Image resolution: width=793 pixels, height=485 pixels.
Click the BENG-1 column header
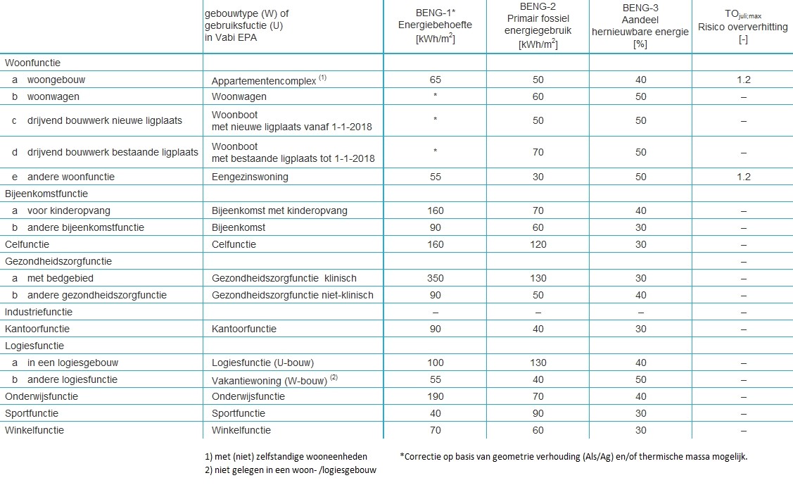[x=435, y=25]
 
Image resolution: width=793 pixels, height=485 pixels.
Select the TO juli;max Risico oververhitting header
[x=742, y=26]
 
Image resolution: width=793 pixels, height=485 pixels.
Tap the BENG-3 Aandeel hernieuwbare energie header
[x=640, y=26]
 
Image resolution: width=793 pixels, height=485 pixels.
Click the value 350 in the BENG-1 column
[x=435, y=278]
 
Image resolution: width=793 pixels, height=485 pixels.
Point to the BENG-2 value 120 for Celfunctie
[x=538, y=244]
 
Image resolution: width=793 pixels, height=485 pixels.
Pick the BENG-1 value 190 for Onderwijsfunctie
[x=435, y=396]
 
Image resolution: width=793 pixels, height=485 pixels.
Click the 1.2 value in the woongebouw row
[x=744, y=80]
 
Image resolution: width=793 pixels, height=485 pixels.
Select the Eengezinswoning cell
[x=250, y=177]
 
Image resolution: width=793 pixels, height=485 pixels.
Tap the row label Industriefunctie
[x=39, y=312]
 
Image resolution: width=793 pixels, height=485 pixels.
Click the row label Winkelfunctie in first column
[x=34, y=430]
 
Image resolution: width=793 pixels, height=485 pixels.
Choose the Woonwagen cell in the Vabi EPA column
[x=239, y=96]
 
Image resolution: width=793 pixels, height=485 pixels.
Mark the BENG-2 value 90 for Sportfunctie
[x=538, y=413]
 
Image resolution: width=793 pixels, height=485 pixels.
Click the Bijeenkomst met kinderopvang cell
[x=279, y=211]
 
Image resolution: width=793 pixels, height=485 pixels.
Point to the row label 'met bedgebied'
[x=61, y=278]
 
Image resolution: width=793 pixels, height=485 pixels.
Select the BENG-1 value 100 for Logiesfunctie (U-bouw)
[x=435, y=363]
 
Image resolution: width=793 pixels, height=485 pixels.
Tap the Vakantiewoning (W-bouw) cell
[x=274, y=380]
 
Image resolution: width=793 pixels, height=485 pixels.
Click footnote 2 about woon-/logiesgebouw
[x=291, y=470]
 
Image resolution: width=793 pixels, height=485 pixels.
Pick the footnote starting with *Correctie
[x=573, y=457]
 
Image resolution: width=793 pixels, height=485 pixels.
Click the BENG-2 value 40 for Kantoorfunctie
[x=538, y=329]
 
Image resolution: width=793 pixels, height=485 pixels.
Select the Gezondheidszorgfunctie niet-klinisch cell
[x=292, y=296]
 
